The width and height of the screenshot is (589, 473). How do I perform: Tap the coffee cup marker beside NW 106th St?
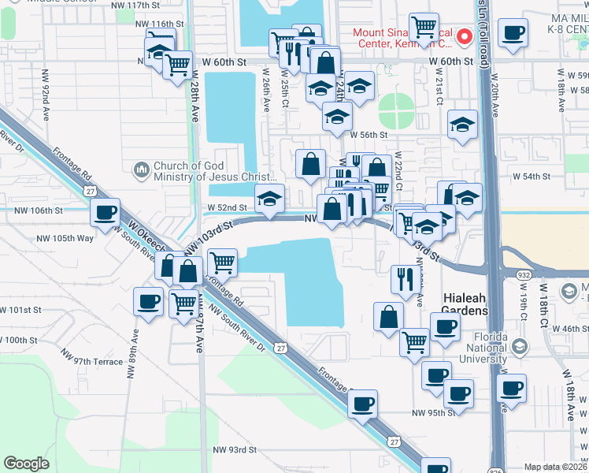[106, 213]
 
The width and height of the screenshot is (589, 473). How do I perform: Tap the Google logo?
[26, 464]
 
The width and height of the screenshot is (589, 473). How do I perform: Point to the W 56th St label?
[369, 136]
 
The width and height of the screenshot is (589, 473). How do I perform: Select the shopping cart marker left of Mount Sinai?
[424, 28]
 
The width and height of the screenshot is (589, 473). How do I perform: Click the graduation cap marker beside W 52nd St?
[269, 199]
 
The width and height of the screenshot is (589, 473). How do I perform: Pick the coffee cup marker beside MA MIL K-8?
[514, 34]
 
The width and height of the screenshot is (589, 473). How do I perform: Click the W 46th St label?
[569, 327]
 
